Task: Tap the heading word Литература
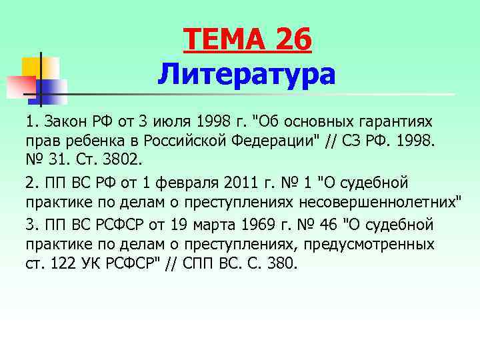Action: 247,75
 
